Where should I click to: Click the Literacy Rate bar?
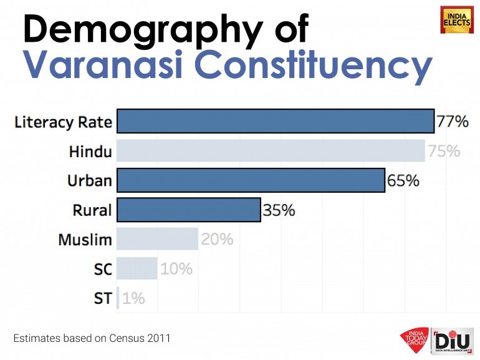tap(275, 121)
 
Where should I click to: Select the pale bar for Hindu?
tap(271, 151)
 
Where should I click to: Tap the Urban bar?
tap(251, 180)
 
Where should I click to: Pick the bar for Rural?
tap(188, 210)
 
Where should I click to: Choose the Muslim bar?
tap(157, 239)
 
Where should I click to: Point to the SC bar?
tap(137, 268)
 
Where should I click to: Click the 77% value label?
tap(453, 122)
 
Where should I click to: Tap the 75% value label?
tap(444, 151)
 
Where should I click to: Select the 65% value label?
tap(403, 181)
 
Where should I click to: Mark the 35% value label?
tap(279, 210)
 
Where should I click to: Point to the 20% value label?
tap(217, 240)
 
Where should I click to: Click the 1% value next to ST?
tap(133, 298)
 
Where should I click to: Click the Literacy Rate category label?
tap(63, 122)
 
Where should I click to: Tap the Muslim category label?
tap(85, 240)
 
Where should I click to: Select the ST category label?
tap(103, 298)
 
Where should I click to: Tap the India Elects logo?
tap(457, 19)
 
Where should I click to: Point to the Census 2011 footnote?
tap(92, 338)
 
